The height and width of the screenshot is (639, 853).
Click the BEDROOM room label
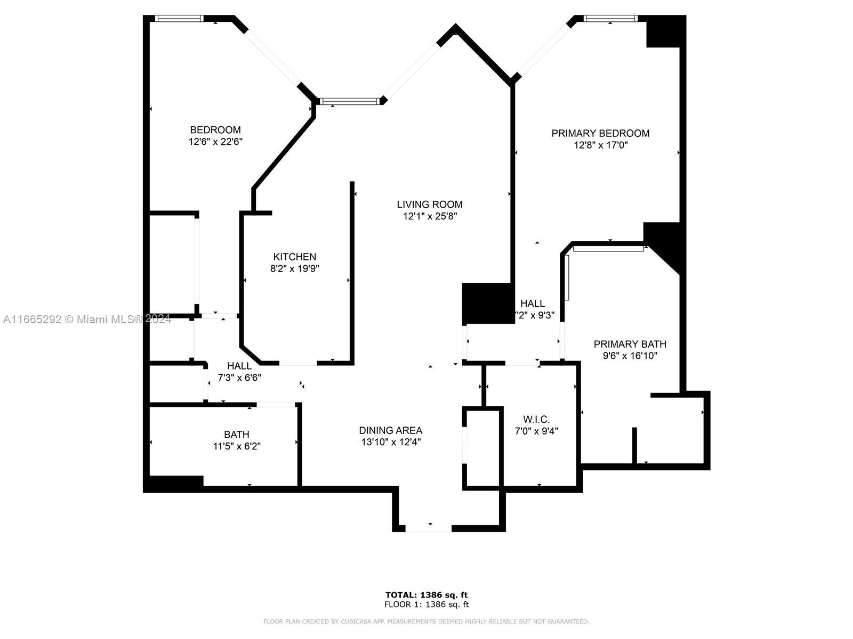click(x=215, y=129)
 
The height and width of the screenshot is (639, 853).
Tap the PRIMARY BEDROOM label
click(x=600, y=133)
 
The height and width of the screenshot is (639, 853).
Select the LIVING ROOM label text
click(x=429, y=204)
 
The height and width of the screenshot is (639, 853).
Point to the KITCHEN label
click(x=295, y=257)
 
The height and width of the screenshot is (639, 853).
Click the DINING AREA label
click(x=391, y=430)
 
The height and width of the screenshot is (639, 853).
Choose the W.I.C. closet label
click(x=536, y=420)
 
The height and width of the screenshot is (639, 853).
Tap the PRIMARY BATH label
click(x=630, y=344)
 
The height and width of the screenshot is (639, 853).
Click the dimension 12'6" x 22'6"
click(x=216, y=142)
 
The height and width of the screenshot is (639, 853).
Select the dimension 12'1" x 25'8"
click(x=430, y=216)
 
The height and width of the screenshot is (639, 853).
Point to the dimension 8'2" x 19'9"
click(x=295, y=268)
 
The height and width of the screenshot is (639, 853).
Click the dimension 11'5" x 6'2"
click(x=237, y=446)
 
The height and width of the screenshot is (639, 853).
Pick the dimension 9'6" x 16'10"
click(x=630, y=356)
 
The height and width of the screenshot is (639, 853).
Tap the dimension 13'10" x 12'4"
click(x=391, y=442)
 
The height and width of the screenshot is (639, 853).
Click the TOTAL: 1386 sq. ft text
click(x=426, y=595)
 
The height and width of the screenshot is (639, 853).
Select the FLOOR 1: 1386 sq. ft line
click(x=426, y=604)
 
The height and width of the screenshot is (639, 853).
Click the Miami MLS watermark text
click(x=87, y=319)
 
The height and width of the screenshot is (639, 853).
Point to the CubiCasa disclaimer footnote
click(x=426, y=621)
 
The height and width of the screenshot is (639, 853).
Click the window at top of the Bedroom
click(x=179, y=18)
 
